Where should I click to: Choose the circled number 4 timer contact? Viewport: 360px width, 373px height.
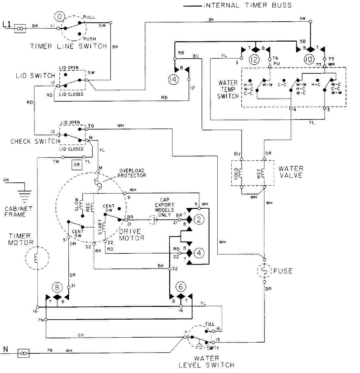(199, 252)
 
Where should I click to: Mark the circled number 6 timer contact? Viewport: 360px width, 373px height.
(180, 287)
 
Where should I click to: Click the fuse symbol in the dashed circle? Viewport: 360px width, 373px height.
(264, 270)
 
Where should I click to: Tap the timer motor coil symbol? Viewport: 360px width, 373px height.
(37, 257)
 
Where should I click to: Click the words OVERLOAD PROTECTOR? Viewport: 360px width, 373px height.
(133, 173)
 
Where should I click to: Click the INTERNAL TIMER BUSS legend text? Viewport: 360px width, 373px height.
(247, 5)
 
